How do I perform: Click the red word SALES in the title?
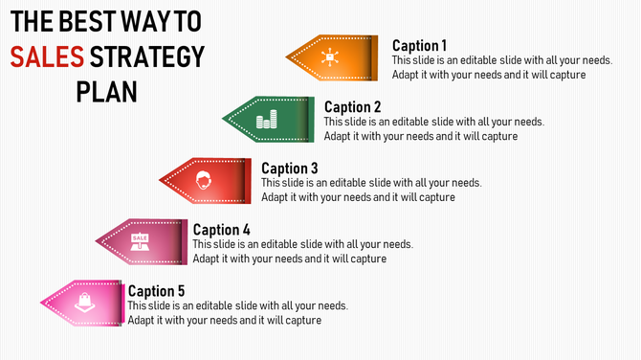point(45,57)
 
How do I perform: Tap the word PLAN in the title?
point(106,92)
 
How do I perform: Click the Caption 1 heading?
point(419,45)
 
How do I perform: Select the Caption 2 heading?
point(352,106)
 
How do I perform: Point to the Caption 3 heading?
point(289,169)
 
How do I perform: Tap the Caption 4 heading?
point(221,230)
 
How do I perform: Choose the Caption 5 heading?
point(156,291)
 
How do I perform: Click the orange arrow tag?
point(335,57)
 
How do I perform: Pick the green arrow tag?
point(269,119)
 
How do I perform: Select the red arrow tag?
point(205,180)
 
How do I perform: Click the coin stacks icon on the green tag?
point(266,120)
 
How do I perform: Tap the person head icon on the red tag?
point(202,180)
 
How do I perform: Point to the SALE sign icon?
point(140,241)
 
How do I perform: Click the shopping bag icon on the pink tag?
point(85,301)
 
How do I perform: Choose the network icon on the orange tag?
point(330,57)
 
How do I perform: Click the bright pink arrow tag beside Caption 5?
point(85,302)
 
